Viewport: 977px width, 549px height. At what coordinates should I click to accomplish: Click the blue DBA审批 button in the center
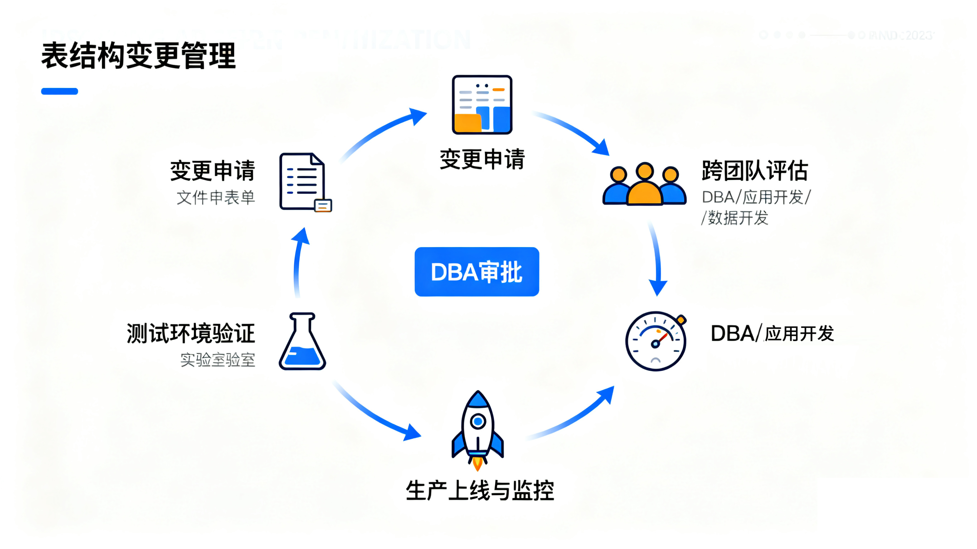[x=477, y=271]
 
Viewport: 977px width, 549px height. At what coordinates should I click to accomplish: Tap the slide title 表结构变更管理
[x=138, y=56]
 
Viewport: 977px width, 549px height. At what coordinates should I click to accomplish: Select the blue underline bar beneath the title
[x=59, y=91]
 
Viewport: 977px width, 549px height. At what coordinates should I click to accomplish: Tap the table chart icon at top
[x=482, y=105]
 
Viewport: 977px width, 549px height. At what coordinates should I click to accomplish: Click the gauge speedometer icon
[x=656, y=341]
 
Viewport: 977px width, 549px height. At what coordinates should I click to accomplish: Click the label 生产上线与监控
[x=480, y=491]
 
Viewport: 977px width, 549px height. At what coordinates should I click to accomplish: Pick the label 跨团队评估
[x=755, y=171]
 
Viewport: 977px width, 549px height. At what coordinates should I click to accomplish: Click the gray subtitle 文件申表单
[x=216, y=198]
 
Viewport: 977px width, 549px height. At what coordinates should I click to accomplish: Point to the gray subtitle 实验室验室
[x=217, y=359]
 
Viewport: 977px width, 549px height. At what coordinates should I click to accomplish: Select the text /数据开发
[x=735, y=218]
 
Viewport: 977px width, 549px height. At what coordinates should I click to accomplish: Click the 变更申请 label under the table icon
[x=482, y=159]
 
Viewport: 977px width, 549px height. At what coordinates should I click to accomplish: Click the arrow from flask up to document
[x=298, y=261]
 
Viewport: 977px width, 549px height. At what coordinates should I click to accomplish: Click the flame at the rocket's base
[x=477, y=463]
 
